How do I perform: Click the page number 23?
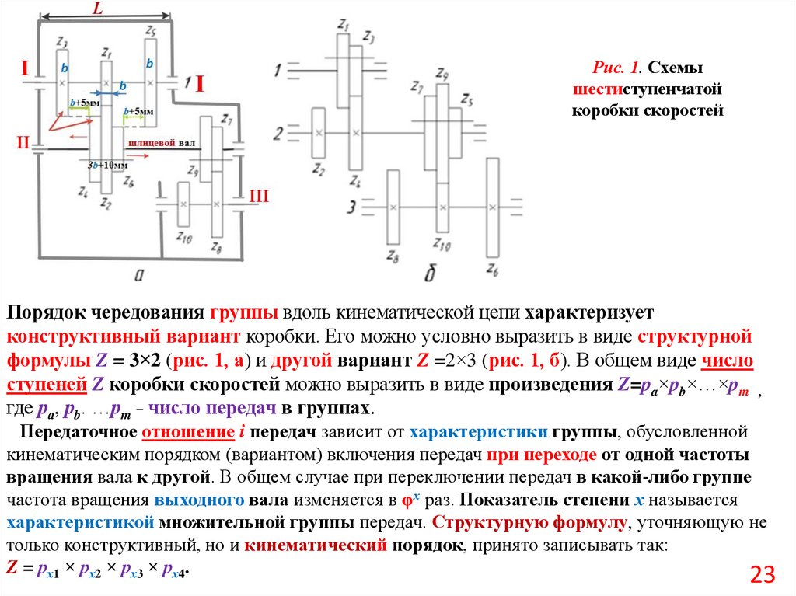click(x=763, y=575)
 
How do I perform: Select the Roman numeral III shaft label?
click(x=258, y=197)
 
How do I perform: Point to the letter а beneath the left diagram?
click(x=141, y=273)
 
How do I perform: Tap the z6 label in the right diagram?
click(x=491, y=270)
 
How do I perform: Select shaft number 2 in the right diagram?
click(x=278, y=134)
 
